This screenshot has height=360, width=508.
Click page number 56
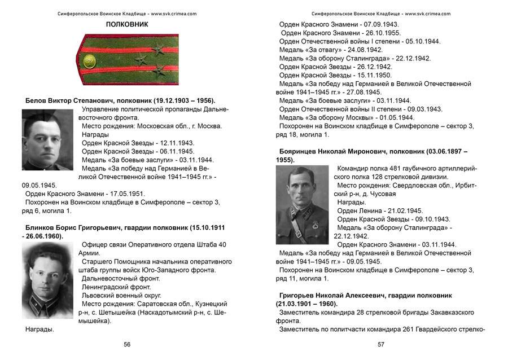127,344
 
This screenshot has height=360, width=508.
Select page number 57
381,344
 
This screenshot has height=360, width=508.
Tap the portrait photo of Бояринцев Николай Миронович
302,205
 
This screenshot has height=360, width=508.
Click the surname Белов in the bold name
36,100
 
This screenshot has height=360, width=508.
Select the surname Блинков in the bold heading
39,228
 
